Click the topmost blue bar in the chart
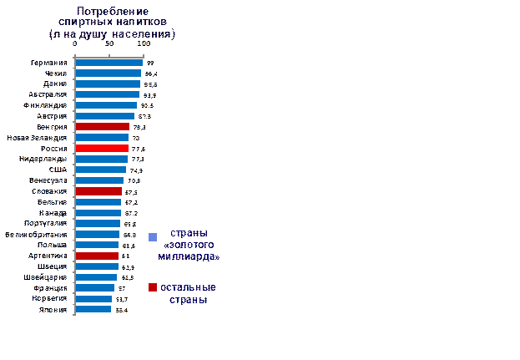(109, 63)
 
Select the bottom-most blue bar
(93, 309)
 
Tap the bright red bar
(102, 148)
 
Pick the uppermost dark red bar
(102, 127)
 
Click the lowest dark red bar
(97, 256)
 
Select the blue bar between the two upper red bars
(102, 138)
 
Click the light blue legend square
(153, 237)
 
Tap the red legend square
(153, 288)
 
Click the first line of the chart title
(114, 11)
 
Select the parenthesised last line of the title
(114, 34)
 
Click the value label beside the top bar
(150, 63)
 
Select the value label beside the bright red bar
(137, 149)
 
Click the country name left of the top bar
(50, 63)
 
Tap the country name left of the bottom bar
(53, 310)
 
